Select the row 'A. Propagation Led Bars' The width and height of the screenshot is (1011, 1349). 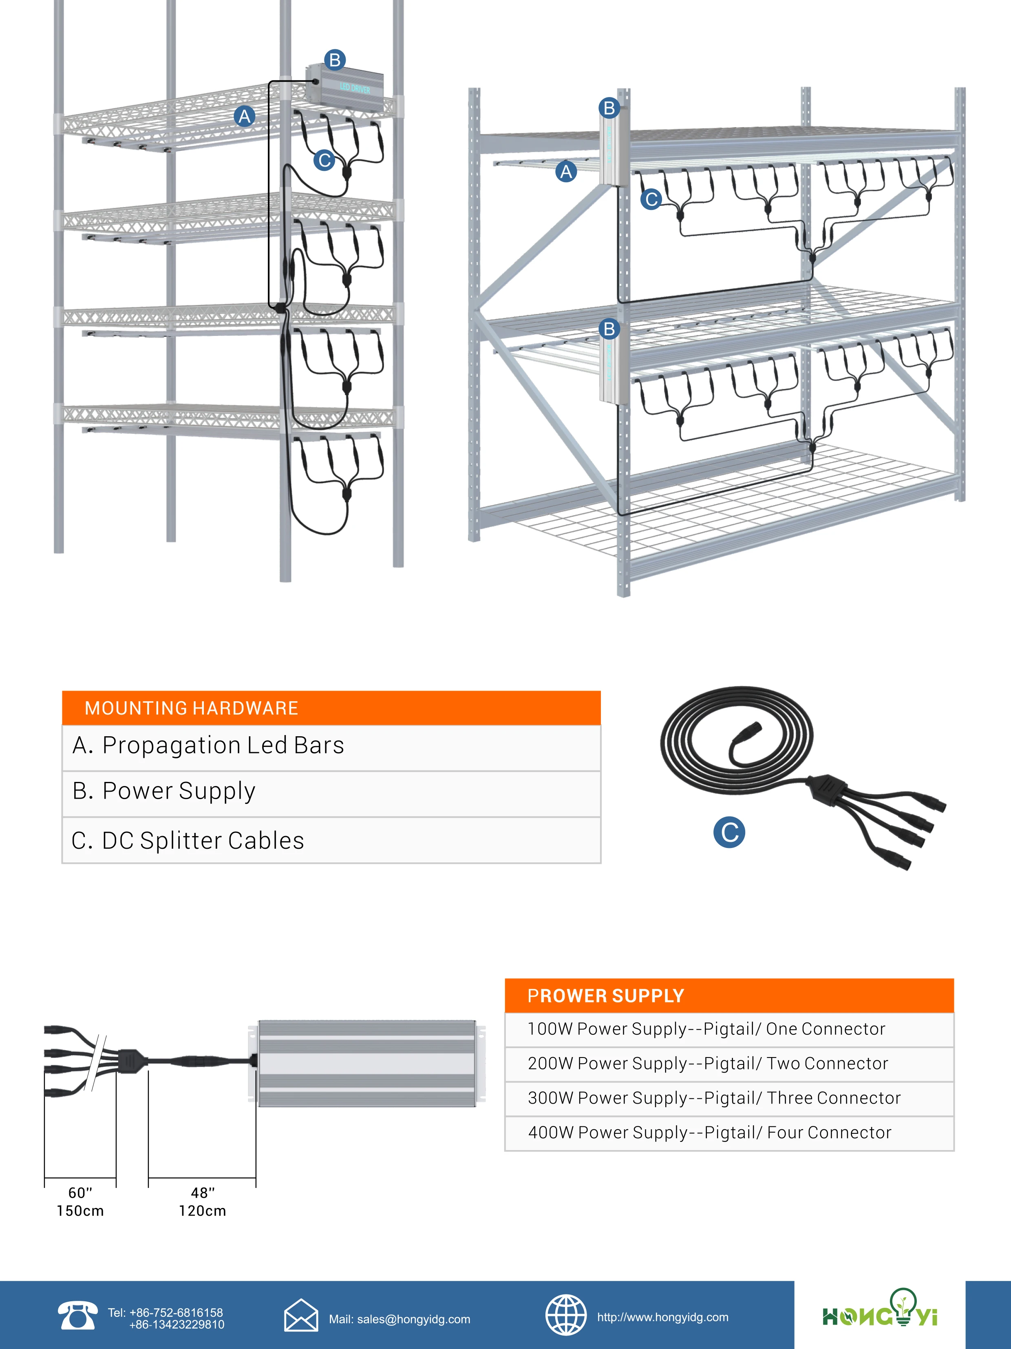[x=331, y=746]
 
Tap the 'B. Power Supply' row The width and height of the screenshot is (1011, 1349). [x=331, y=792]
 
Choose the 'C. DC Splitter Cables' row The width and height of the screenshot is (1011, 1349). [x=331, y=840]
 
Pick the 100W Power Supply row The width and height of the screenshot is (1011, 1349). [x=728, y=1029]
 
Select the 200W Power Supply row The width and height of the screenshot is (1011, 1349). [x=728, y=1064]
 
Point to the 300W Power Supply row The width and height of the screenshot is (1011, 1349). [x=728, y=1098]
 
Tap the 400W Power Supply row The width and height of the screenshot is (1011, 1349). [x=728, y=1133]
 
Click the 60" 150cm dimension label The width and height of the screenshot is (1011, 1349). [x=80, y=1201]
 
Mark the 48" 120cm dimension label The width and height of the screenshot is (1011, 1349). [x=203, y=1201]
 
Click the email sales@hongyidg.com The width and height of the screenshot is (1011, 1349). [x=400, y=1319]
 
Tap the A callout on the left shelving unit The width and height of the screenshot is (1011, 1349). [x=245, y=116]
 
